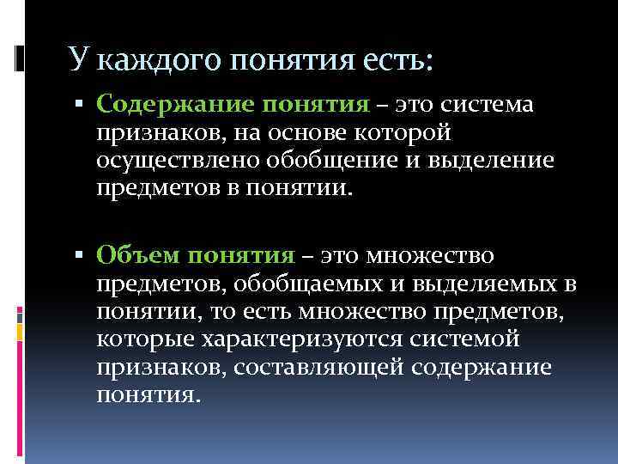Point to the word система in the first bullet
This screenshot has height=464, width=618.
point(488,104)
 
